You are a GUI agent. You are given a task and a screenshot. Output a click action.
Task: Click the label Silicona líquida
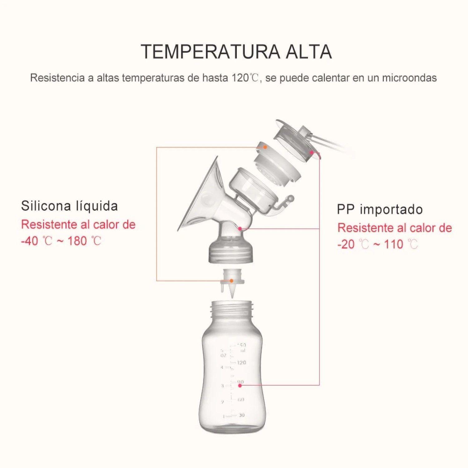click(69, 206)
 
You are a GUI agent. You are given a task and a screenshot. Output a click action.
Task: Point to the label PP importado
click(380, 209)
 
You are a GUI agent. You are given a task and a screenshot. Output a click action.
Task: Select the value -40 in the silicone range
click(29, 241)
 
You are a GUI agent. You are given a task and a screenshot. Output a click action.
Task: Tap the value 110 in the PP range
click(394, 244)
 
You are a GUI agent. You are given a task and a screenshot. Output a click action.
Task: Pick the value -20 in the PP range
click(346, 244)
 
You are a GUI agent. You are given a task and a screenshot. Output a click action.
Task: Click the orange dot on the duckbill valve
click(232, 281)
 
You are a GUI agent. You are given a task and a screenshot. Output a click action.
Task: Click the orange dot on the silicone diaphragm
click(265, 147)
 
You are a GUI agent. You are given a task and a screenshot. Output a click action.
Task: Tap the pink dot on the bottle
click(240, 386)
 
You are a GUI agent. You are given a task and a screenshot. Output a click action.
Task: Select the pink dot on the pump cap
click(311, 152)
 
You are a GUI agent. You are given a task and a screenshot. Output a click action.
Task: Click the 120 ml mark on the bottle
click(241, 363)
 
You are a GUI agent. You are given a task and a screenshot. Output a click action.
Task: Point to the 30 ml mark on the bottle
click(241, 415)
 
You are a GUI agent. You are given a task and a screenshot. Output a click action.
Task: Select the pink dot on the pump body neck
click(240, 229)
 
